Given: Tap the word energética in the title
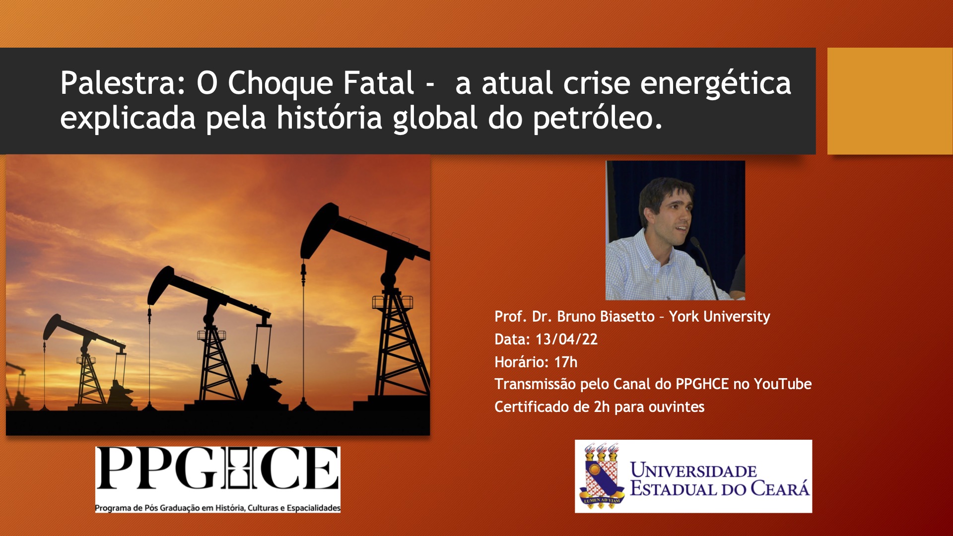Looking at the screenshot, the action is coord(715,83).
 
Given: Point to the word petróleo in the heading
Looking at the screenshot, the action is coord(598,118).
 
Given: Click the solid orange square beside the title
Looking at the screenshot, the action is coord(890,101).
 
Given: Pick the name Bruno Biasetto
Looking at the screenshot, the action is coord(606,316).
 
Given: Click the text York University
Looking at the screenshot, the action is coord(719,317).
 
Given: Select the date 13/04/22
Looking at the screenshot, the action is coord(566,339).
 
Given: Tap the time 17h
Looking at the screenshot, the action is coord(566,362).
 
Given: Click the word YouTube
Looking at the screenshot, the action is coord(783,384).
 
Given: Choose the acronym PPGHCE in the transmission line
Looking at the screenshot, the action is coord(702,384).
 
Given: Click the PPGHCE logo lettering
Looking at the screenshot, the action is coord(217,469).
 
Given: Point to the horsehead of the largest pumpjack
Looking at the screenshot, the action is coord(317,229).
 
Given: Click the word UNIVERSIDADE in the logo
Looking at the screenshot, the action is coord(693,470).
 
